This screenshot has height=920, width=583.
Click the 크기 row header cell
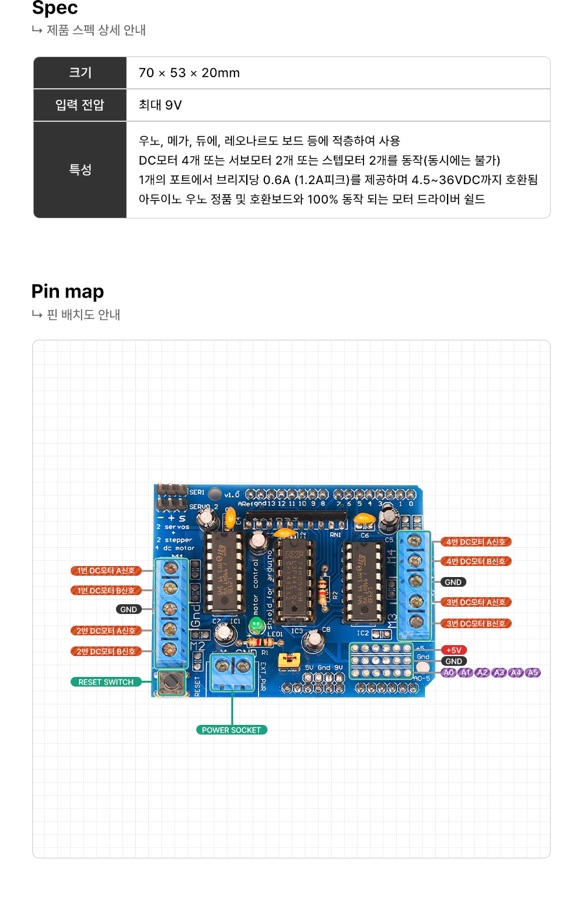(80, 73)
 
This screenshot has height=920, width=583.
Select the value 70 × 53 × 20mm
(189, 73)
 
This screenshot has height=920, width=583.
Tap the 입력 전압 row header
(80, 105)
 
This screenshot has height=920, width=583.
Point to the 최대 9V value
(160, 105)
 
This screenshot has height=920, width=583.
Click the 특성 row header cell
(80, 170)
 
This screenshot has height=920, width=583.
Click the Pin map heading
(67, 292)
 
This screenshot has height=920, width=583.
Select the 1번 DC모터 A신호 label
(106, 571)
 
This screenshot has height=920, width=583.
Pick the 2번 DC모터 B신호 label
(106, 652)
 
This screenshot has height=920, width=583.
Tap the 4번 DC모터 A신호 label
(476, 542)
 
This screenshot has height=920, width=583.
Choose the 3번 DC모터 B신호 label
(476, 624)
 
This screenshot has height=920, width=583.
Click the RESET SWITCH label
(106, 682)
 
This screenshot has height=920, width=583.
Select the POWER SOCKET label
(231, 730)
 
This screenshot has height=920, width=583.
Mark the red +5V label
(453, 650)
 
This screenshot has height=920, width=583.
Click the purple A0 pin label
(449, 673)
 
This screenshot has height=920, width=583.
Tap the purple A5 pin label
(532, 673)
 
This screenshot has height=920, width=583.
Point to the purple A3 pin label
(499, 673)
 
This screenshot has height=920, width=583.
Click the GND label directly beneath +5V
(453, 661)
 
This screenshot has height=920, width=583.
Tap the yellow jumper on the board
(288, 661)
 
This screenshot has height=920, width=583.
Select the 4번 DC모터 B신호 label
(476, 561)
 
